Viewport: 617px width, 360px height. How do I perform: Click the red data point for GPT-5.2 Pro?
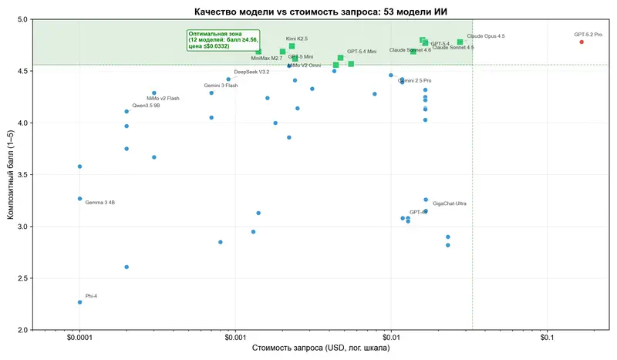click(582, 42)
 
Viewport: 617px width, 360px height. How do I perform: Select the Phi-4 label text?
click(92, 296)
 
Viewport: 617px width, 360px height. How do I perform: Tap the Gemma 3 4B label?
click(99, 203)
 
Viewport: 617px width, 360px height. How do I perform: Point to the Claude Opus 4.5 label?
click(486, 36)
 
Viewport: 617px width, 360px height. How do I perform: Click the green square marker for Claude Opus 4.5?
click(460, 42)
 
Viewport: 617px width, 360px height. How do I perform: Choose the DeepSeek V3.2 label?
click(251, 72)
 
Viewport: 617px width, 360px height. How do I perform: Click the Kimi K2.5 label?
click(296, 39)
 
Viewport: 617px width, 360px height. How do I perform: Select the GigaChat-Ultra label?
click(449, 204)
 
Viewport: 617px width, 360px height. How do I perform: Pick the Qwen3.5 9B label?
click(146, 105)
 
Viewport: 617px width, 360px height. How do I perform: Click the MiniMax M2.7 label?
click(267, 58)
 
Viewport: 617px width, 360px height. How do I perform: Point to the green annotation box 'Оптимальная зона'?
click(224, 40)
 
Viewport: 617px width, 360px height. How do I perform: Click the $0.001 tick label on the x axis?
click(235, 337)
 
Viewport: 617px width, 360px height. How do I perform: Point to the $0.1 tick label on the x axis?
click(547, 337)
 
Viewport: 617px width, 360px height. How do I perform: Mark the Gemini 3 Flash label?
click(221, 86)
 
